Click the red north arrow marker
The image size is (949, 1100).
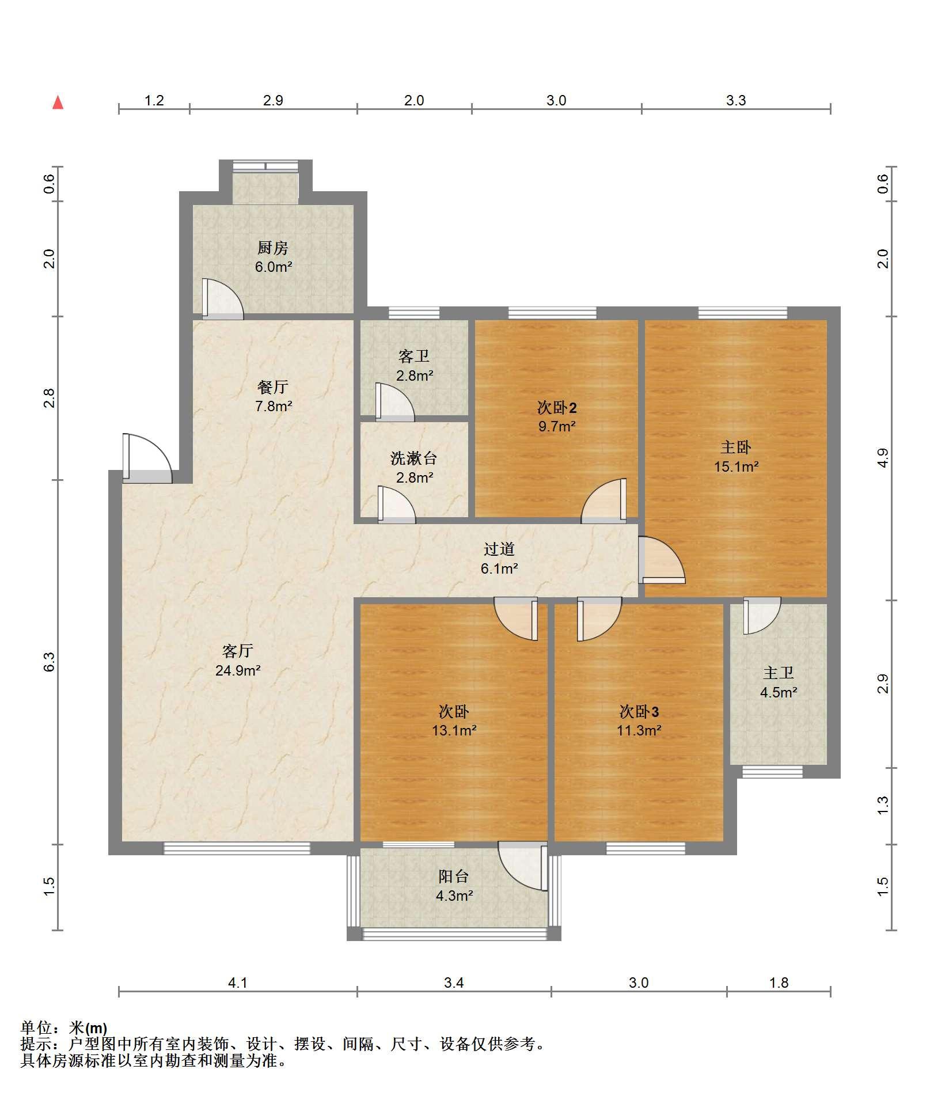click(58, 103)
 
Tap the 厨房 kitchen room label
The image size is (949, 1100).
click(273, 248)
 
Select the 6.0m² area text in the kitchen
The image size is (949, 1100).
click(274, 267)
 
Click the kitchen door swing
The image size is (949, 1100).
click(222, 299)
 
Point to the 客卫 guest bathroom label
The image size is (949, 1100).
click(414, 356)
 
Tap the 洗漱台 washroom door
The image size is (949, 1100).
click(396, 505)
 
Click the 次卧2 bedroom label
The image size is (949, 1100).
click(557, 408)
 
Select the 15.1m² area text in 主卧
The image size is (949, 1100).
click(737, 466)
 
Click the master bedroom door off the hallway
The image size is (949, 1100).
click(662, 559)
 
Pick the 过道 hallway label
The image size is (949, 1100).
click(499, 549)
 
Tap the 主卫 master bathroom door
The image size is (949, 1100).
click(762, 616)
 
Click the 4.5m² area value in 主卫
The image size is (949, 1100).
click(779, 693)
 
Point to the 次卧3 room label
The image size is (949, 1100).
click(639, 712)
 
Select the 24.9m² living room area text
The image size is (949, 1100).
click(238, 670)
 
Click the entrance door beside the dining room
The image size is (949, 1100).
click(147, 458)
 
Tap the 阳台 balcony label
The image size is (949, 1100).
click(454, 877)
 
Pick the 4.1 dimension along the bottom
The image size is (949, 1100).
click(238, 983)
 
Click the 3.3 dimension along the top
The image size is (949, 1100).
click(736, 101)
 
